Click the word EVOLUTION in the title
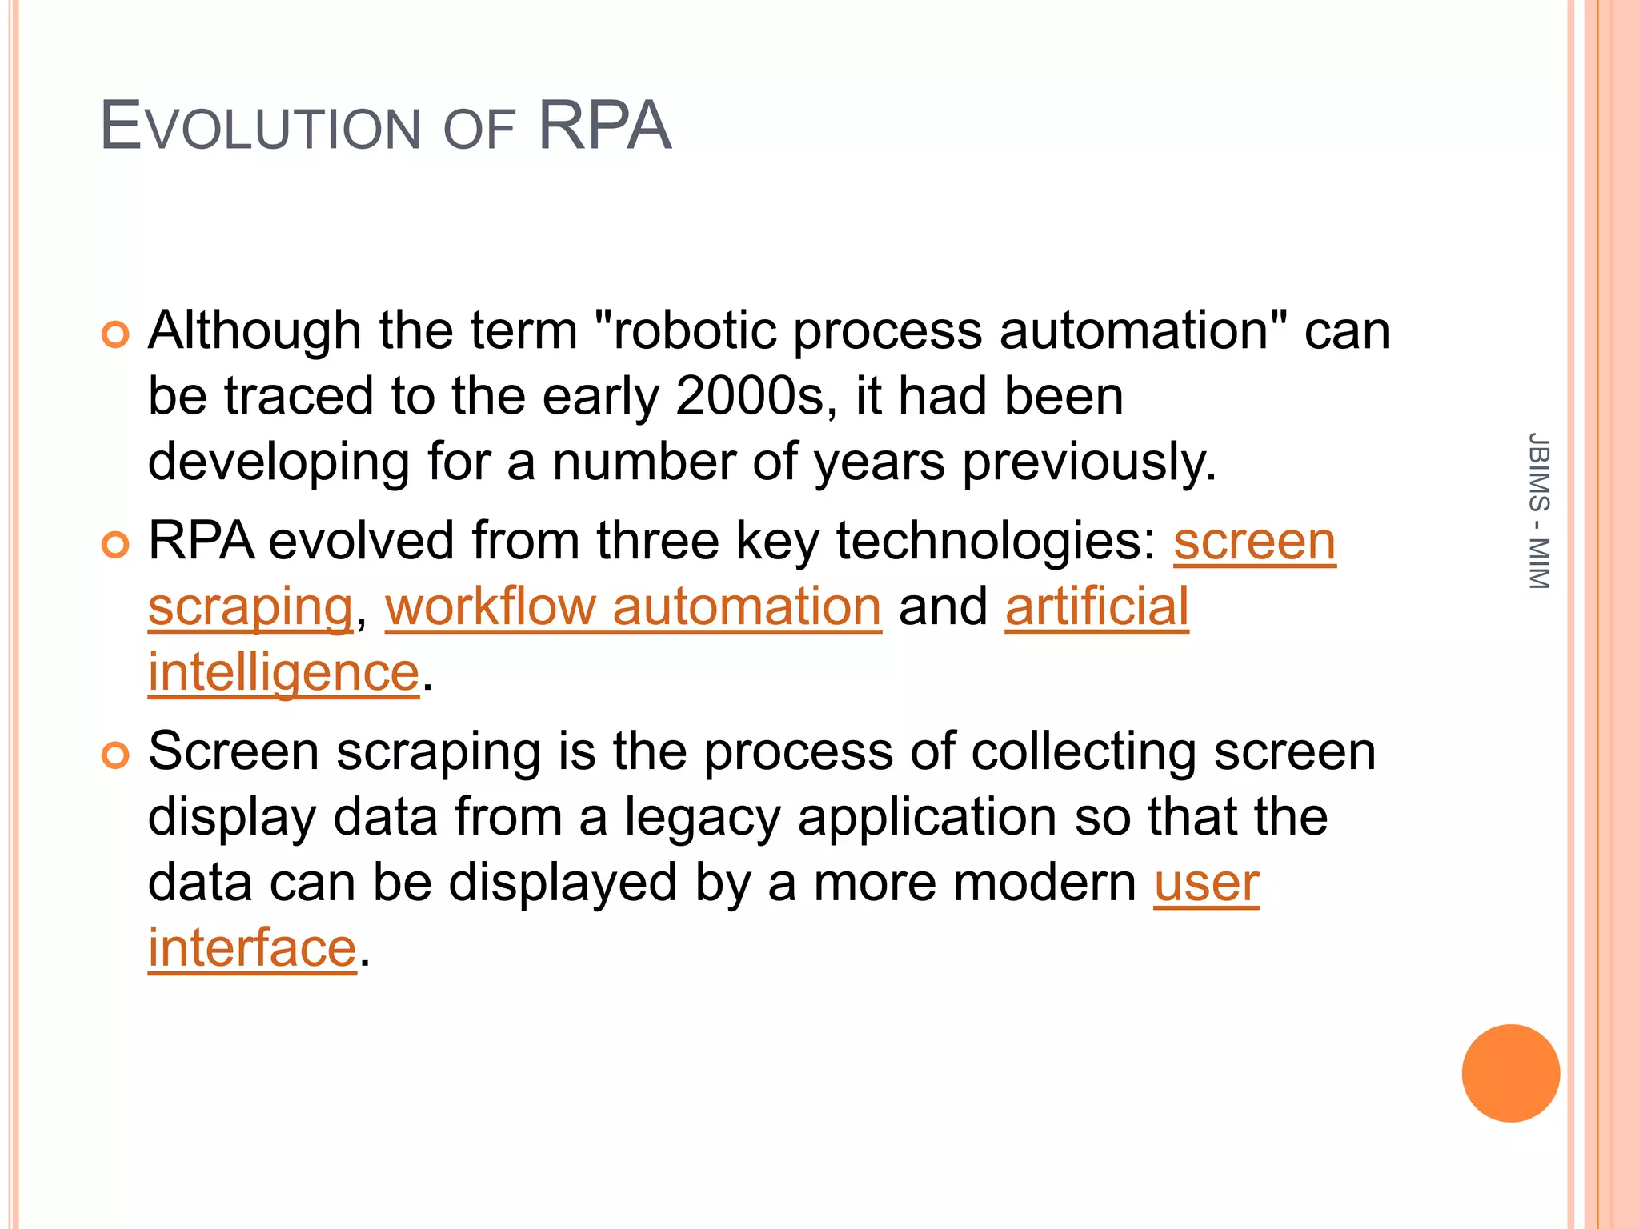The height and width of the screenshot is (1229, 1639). (260, 127)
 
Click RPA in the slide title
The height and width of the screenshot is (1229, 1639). (604, 126)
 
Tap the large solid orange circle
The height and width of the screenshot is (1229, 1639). (1510, 1073)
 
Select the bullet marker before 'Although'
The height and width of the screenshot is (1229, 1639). (116, 334)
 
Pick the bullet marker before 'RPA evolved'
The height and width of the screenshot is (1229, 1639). (116, 545)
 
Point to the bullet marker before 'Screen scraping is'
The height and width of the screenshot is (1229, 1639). (116, 755)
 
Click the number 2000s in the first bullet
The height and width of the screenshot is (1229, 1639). (749, 396)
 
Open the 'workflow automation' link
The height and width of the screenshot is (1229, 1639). (633, 606)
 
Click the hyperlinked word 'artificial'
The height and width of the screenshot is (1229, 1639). (1096, 606)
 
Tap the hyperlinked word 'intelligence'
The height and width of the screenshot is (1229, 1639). (283, 672)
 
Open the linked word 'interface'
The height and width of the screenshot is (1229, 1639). (252, 948)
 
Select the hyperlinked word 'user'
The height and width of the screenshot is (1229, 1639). (1206, 883)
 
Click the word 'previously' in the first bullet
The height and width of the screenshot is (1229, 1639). (1088, 462)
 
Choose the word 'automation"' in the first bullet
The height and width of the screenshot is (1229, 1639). (1144, 330)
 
